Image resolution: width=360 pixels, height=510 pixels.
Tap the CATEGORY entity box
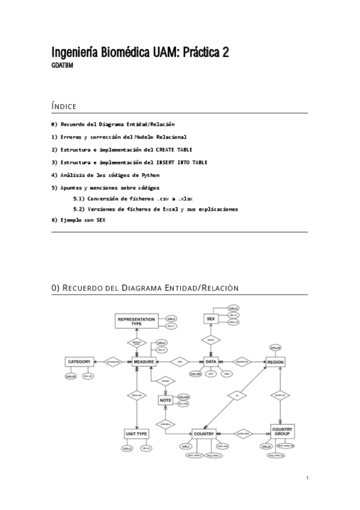(x=79, y=361)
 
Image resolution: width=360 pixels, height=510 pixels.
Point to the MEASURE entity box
(x=144, y=361)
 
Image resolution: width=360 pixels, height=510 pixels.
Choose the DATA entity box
(x=210, y=361)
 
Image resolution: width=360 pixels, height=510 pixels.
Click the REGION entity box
(x=275, y=362)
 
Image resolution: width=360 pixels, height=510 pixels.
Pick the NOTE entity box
(x=166, y=399)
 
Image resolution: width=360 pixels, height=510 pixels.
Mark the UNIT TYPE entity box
(x=136, y=433)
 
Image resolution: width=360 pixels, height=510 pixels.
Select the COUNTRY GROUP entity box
(x=282, y=431)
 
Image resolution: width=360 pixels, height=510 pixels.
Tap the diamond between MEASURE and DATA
(x=178, y=361)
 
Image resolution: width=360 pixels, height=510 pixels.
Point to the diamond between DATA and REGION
(x=242, y=361)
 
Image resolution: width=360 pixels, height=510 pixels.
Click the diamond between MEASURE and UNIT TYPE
(x=137, y=395)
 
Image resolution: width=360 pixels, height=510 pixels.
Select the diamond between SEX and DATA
(x=210, y=340)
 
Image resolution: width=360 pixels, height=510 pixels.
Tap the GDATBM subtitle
(x=63, y=66)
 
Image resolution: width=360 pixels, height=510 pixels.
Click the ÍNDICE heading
(x=64, y=106)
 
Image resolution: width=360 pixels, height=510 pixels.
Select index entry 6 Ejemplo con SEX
(x=78, y=220)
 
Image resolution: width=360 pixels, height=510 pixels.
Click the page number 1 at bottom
(x=307, y=478)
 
